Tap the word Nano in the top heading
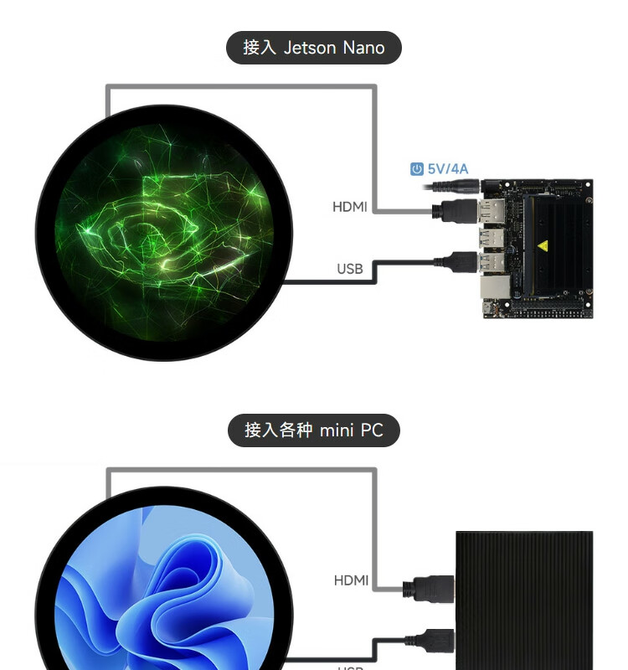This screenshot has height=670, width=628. click(x=363, y=48)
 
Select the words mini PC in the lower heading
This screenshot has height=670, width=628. click(x=351, y=430)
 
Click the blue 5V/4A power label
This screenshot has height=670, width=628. click(x=448, y=169)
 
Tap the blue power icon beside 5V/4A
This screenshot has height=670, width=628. click(x=417, y=169)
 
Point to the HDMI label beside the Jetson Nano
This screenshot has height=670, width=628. click(x=350, y=207)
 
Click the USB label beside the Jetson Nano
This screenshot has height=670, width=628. click(x=350, y=269)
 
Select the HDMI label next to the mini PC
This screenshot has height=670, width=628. click(x=351, y=580)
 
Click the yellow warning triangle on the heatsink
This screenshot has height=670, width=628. click(x=543, y=246)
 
